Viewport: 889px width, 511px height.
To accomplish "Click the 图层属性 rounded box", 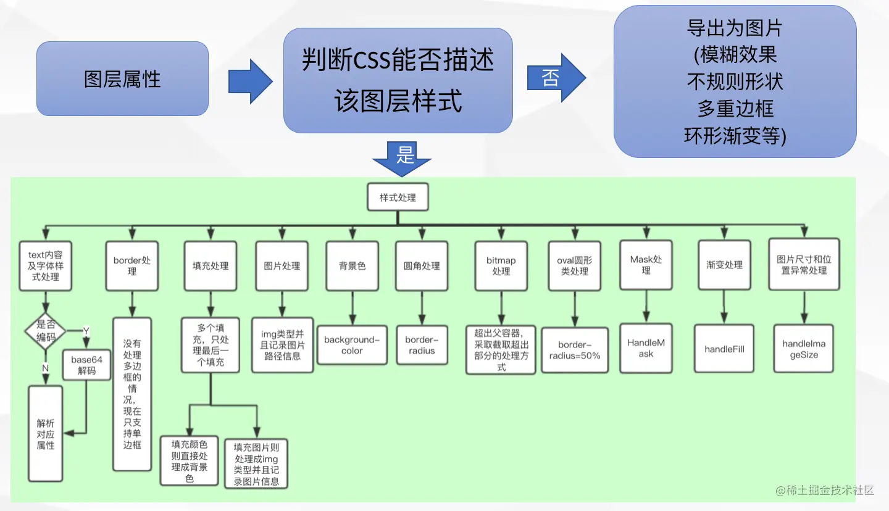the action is pyautogui.click(x=122, y=78).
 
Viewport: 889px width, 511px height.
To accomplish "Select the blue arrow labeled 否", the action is pyautogui.click(x=556, y=78).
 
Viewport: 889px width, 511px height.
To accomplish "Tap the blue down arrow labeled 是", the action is pyautogui.click(x=402, y=159).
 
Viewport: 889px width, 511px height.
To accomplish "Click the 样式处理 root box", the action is pyautogui.click(x=398, y=197).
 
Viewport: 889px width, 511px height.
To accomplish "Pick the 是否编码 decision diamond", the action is pyautogui.click(x=46, y=331).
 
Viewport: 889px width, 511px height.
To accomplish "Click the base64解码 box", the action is pyautogui.click(x=86, y=365).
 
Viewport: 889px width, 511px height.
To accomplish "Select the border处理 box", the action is pyautogui.click(x=131, y=266).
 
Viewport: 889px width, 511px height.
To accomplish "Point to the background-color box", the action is pyautogui.click(x=352, y=345).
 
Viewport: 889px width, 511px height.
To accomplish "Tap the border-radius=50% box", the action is pyautogui.click(x=575, y=350).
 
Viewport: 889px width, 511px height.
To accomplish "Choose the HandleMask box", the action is pyautogui.click(x=646, y=348).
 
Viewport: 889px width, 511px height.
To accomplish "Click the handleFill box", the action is pyautogui.click(x=724, y=349).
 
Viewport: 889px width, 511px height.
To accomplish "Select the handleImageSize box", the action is pyautogui.click(x=804, y=349).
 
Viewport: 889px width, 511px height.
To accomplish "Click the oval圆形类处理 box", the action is pyautogui.click(x=575, y=266).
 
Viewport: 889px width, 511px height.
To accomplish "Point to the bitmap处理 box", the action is pyautogui.click(x=501, y=266).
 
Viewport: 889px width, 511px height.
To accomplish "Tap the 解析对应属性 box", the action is pyautogui.click(x=46, y=434).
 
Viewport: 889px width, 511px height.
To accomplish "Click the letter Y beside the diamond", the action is pyautogui.click(x=86, y=331).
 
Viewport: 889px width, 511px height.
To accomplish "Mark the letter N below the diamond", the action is pyautogui.click(x=45, y=368).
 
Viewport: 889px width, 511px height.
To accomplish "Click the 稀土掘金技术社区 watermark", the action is pyautogui.click(x=825, y=491).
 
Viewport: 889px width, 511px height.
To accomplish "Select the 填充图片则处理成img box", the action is pyautogui.click(x=256, y=464).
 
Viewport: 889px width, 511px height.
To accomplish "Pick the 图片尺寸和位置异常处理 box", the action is pyautogui.click(x=804, y=264).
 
